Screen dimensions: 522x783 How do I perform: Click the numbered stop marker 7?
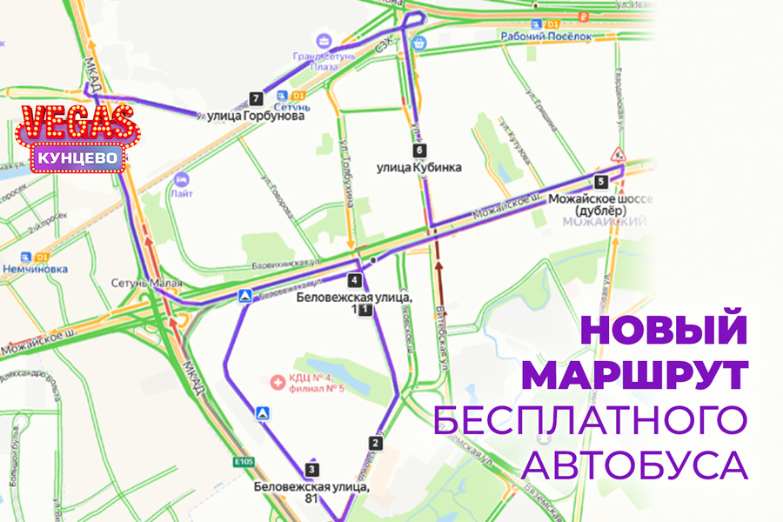coord(255,98)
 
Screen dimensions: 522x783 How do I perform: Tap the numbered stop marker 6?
coord(421,150)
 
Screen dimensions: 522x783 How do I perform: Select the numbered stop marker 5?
coord(600,182)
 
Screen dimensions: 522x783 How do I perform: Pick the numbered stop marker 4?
coord(354,280)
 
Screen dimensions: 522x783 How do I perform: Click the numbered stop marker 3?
coord(311,470)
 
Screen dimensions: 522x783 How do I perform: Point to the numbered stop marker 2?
coord(376,443)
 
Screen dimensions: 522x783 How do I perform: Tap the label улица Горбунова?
coord(256,115)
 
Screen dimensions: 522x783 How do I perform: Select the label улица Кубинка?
coord(418,167)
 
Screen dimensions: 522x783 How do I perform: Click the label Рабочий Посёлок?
coord(546,37)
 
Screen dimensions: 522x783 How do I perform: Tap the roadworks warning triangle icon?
coord(619,155)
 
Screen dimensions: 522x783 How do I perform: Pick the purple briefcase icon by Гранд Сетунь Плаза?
coord(324,40)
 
